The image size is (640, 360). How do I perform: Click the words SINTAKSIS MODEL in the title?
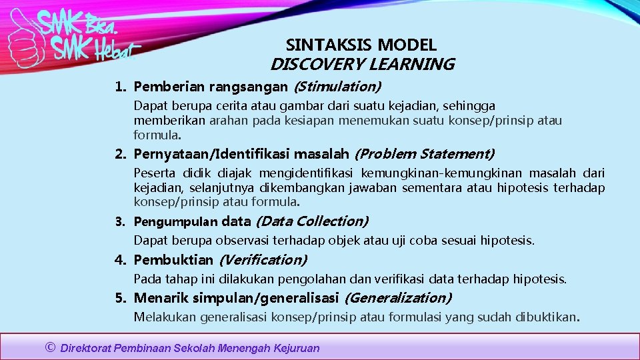tap(361, 45)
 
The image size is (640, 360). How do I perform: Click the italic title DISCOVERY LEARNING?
tap(362, 65)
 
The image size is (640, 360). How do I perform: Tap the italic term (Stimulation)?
tap(337, 86)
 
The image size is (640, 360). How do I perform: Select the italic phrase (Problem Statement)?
tap(424, 154)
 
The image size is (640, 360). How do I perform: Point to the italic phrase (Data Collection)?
tap(312, 221)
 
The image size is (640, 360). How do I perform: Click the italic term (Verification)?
tap(263, 259)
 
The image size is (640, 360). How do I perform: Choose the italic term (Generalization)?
tap(399, 297)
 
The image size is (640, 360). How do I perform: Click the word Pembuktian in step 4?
tap(173, 259)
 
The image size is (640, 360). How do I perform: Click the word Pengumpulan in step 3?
tap(175, 221)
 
